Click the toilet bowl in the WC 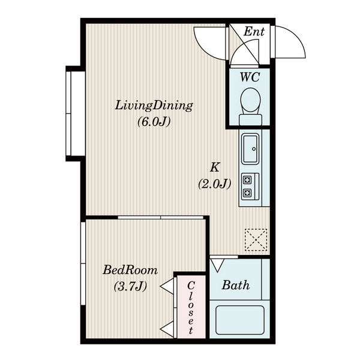250,100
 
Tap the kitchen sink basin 250,149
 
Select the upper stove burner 247,180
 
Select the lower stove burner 247,193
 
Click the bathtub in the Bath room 240,320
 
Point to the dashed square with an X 256,239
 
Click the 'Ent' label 254,31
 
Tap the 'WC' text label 250,77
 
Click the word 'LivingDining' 154,106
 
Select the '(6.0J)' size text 154,122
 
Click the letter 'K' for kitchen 215,167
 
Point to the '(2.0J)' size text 214,184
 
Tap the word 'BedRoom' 130,270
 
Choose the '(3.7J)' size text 130,286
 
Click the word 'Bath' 236,285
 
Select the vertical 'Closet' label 191,308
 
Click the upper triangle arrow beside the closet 167,286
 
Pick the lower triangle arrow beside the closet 167,329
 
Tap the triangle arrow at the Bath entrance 217,265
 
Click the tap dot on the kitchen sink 254,149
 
